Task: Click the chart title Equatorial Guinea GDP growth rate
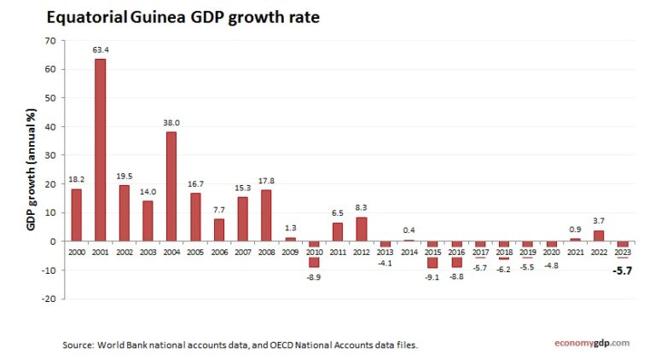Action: click(183, 18)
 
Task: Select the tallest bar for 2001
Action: click(101, 149)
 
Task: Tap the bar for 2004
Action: click(171, 186)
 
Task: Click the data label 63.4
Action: click(101, 50)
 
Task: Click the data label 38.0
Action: click(171, 123)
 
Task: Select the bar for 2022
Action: click(599, 235)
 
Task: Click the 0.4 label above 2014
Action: click(409, 230)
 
